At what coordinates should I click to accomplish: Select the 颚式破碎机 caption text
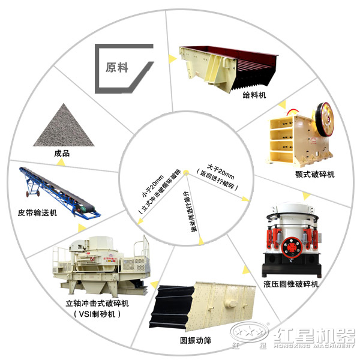314,174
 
